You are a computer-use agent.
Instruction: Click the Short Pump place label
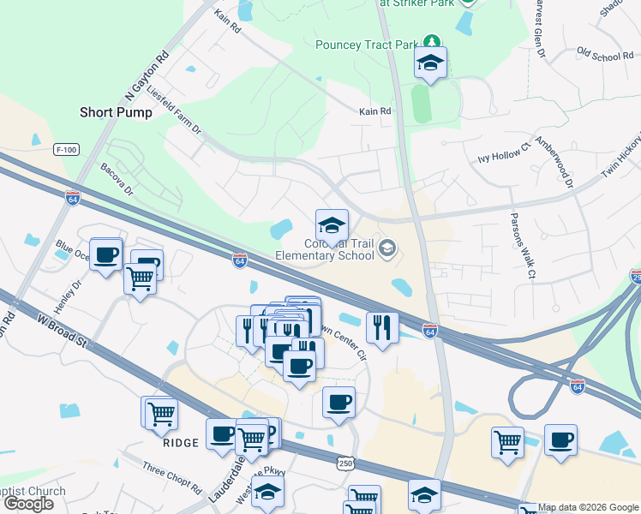[x=116, y=112]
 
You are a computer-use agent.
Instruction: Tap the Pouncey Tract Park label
[x=366, y=45]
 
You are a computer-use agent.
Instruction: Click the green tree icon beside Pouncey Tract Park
[x=433, y=42]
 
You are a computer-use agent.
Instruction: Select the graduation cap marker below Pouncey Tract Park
[x=430, y=63]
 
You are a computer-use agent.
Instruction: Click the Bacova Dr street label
[x=117, y=179]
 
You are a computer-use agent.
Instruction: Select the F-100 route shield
[x=66, y=150]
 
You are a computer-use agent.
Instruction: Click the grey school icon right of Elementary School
[x=387, y=248]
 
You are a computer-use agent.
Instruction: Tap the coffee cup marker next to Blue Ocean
[x=105, y=256]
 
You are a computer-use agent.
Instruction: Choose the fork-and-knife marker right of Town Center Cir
[x=382, y=326]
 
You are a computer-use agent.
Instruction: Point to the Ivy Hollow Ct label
[x=504, y=158]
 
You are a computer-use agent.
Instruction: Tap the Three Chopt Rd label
[x=171, y=480]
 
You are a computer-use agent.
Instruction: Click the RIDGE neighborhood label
[x=181, y=443]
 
